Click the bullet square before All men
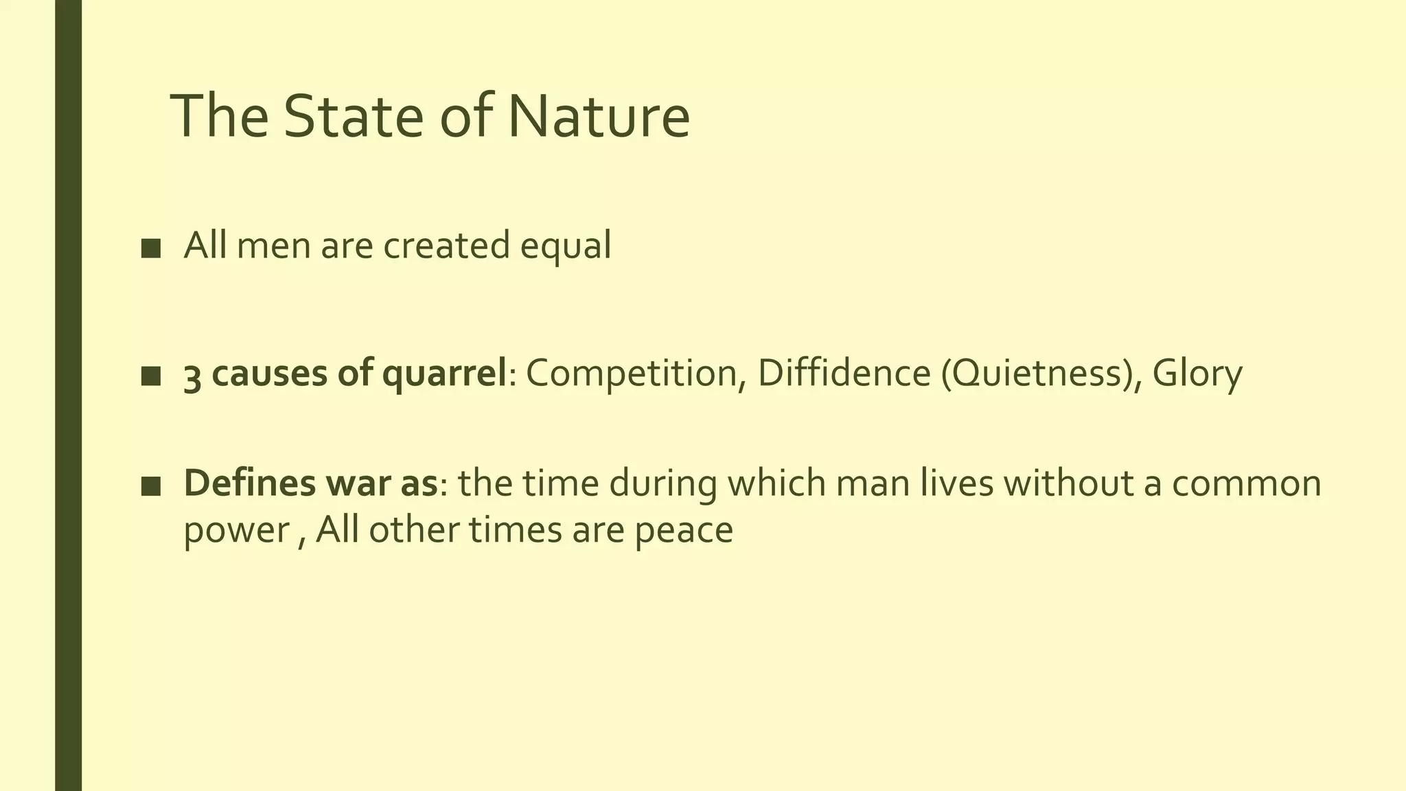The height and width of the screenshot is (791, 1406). (150, 248)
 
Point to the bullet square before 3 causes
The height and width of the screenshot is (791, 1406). (150, 376)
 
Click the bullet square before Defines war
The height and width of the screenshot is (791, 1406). (150, 486)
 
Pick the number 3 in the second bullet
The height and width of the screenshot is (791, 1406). (192, 374)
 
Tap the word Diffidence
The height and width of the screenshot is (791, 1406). (844, 373)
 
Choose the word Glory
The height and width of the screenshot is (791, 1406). (1197, 374)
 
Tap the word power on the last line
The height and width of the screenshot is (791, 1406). (236, 531)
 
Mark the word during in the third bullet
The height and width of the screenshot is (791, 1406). (662, 484)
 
